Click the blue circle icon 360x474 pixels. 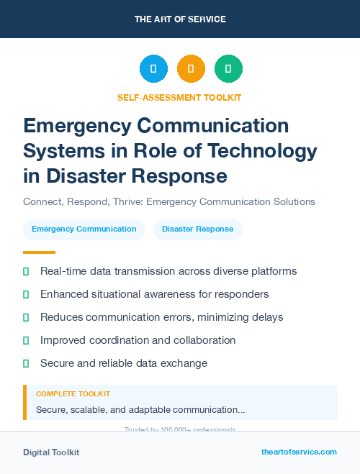153,69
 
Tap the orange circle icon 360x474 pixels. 191,69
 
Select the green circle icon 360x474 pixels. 228,69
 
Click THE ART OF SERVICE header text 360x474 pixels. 180,19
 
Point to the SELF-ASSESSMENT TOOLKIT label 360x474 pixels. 179,97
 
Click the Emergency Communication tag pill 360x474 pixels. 84,229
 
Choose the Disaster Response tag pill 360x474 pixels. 198,229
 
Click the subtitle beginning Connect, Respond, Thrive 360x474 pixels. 169,202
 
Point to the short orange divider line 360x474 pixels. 39,252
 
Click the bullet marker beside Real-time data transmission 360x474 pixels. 26,271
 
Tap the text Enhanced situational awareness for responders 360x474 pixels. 155,294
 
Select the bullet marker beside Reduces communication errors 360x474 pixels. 26,317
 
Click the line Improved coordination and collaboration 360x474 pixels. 138,340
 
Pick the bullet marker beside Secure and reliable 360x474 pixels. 26,363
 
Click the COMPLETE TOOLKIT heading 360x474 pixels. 73,394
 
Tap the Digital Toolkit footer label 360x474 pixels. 51,452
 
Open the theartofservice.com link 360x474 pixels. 299,452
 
